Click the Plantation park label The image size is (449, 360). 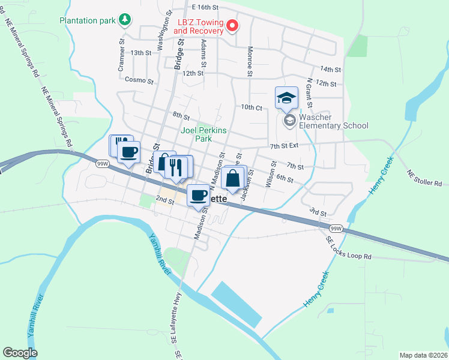87,20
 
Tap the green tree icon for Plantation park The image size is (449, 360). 125,20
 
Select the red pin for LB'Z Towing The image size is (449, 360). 231,25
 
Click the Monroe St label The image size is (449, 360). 249,62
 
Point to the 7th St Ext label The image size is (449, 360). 285,145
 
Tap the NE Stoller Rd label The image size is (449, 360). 424,178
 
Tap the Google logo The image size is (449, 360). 20,353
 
